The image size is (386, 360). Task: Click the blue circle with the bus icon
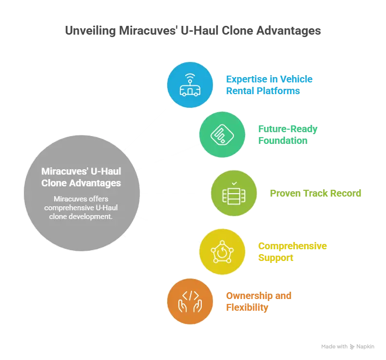click(190, 84)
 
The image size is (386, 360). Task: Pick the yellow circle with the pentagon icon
click(222, 251)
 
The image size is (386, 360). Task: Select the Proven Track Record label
click(315, 194)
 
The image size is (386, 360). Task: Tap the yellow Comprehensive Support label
click(292, 251)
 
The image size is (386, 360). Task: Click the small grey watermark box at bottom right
click(347, 347)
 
